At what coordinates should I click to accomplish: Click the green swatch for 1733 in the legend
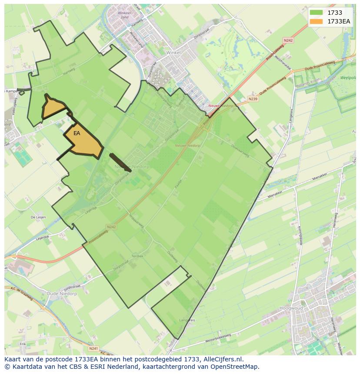pos(316,13)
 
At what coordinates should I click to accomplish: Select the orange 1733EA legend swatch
pos(316,21)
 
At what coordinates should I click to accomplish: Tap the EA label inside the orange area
pos(77,133)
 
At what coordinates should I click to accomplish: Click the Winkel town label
pos(173,52)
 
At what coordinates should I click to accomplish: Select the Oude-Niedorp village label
pos(62,294)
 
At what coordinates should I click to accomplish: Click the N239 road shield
pos(253,99)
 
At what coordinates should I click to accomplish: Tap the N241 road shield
pos(93,348)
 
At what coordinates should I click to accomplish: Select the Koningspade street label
pos(300,236)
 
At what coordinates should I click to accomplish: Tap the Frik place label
pos(23,344)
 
